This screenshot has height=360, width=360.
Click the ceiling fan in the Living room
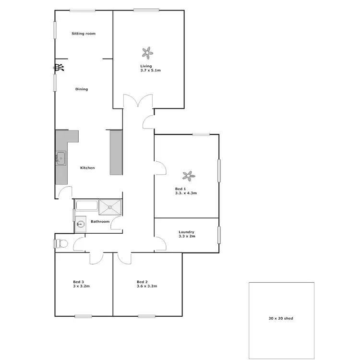point(147,51)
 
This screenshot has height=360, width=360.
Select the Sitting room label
point(84,34)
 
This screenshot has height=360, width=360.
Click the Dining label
point(82,89)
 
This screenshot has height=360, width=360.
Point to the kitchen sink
point(60,157)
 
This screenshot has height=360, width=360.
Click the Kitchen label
point(87,168)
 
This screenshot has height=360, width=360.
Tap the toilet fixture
point(61,243)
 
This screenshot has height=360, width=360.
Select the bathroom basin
point(80,224)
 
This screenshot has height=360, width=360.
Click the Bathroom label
point(100,222)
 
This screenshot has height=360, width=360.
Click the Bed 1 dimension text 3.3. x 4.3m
point(186,193)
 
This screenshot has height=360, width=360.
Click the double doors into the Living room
point(138,102)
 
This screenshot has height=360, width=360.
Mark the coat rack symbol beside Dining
point(59,68)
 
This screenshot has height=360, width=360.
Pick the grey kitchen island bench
point(116,153)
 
